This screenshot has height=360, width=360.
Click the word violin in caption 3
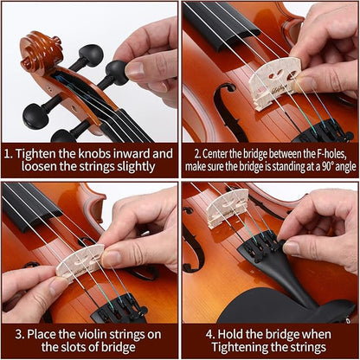coord(101,333)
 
